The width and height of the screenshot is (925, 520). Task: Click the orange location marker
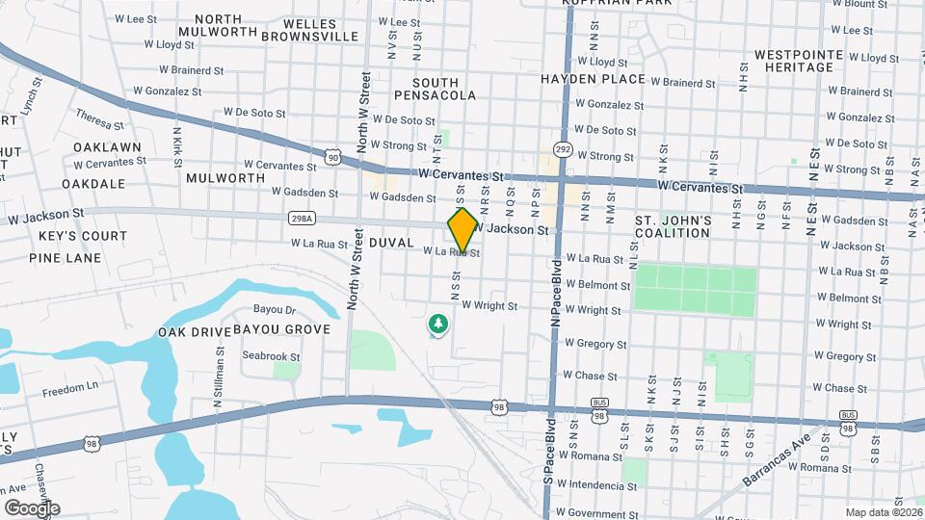click(462, 229)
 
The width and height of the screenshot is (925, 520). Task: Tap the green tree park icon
click(438, 325)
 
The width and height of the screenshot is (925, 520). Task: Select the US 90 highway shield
click(332, 156)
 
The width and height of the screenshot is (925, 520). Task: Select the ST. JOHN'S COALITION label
click(673, 227)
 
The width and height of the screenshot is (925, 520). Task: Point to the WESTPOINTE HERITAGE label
click(794, 61)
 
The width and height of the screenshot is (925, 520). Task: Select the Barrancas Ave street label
click(777, 463)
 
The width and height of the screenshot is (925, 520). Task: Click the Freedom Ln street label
click(70, 386)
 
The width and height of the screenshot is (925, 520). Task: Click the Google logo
click(32, 508)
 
